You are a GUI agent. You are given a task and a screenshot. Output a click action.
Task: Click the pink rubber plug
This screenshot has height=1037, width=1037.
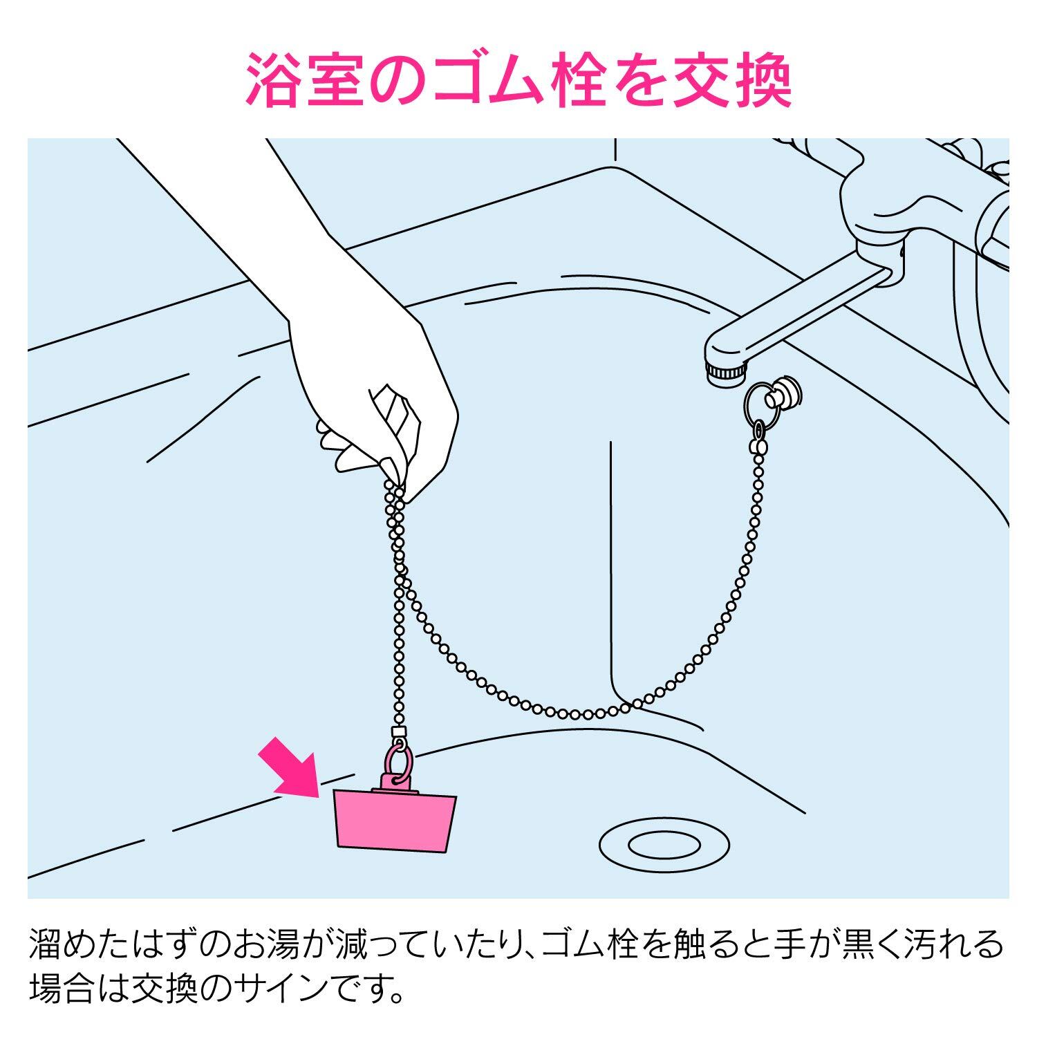(x=395, y=820)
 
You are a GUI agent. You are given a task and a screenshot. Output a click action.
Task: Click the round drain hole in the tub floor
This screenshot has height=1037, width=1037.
(x=664, y=844)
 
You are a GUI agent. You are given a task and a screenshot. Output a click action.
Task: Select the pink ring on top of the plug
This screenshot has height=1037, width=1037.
(x=399, y=760)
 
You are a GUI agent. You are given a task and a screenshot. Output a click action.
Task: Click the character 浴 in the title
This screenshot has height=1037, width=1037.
(x=277, y=81)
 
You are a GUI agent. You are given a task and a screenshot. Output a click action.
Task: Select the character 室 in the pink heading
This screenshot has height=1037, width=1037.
(x=339, y=81)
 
